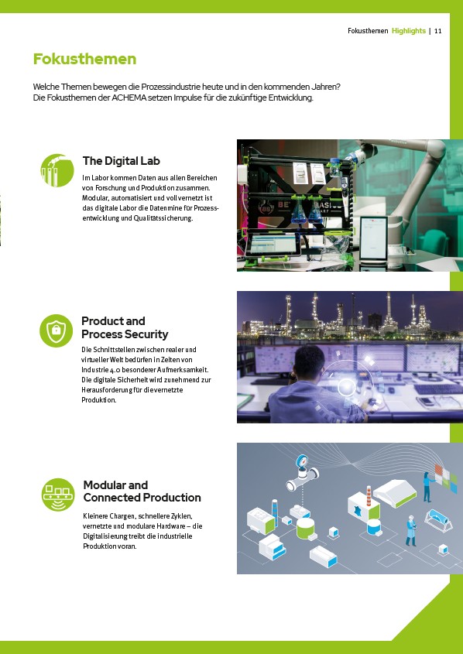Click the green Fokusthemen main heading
coord(84,59)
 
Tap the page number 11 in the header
coord(438,31)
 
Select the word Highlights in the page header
coord(409,31)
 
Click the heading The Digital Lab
coord(121,160)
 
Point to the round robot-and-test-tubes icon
coord(57,170)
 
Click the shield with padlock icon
coord(57,330)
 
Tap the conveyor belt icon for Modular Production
coord(58,495)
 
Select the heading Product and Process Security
coord(125,327)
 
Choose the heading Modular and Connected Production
coord(142,491)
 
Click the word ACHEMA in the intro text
coord(127,98)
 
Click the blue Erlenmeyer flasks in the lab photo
coord(307,211)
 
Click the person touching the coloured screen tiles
coord(428,487)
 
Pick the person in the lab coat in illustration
coord(411,530)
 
